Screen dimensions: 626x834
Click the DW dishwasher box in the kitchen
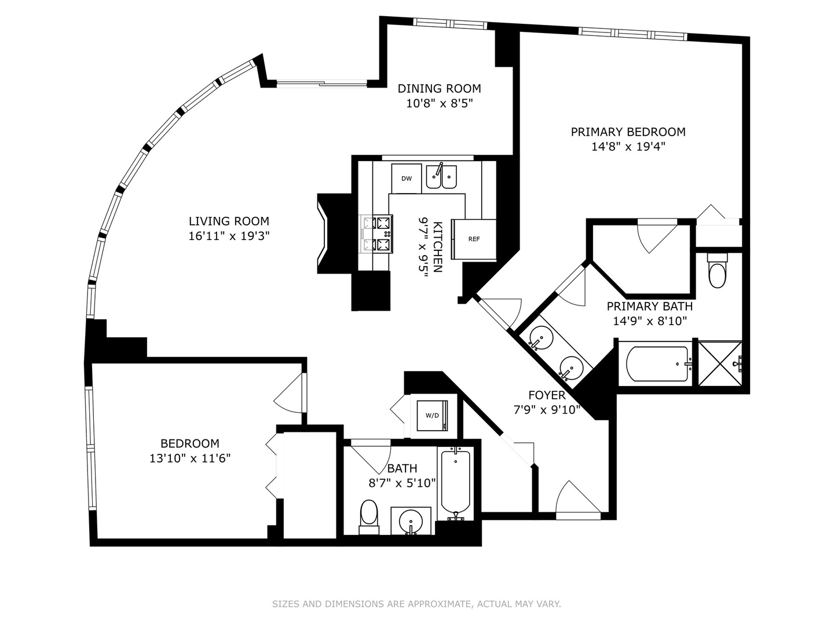pyautogui.click(x=407, y=179)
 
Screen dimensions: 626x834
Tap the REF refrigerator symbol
pyautogui.click(x=474, y=239)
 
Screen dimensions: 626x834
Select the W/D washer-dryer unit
pyautogui.click(x=432, y=416)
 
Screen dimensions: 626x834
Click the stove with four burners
pyautogui.click(x=376, y=234)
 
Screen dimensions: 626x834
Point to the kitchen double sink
pyautogui.click(x=441, y=177)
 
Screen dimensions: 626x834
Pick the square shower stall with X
pyautogui.click(x=719, y=363)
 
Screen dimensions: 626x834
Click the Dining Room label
pyautogui.click(x=439, y=89)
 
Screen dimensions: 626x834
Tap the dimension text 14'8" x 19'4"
pyautogui.click(x=628, y=147)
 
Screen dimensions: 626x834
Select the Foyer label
pyautogui.click(x=547, y=395)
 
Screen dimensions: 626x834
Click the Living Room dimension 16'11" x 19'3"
pyautogui.click(x=229, y=236)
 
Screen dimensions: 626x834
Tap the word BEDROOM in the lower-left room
pyautogui.click(x=190, y=443)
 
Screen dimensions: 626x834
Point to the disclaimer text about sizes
pyautogui.click(x=416, y=604)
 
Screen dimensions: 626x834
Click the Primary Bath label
pyautogui.click(x=649, y=306)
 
